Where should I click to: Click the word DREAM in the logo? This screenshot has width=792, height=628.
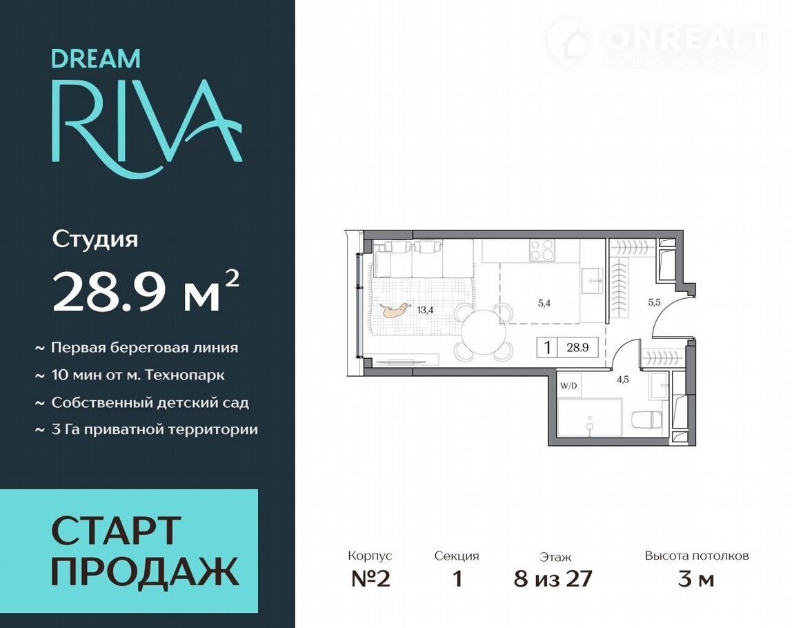[x=96, y=59]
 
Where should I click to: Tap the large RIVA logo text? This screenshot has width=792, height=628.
[x=146, y=129]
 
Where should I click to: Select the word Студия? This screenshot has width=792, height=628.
[x=95, y=239]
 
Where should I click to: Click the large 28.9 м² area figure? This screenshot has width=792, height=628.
[x=146, y=291]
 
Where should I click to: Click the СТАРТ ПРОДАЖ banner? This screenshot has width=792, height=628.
[x=129, y=551]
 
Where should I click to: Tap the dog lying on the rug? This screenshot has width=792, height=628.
[x=395, y=311]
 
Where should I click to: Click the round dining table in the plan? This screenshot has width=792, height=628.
[x=484, y=333]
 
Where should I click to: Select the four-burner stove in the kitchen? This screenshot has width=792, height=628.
[x=542, y=250]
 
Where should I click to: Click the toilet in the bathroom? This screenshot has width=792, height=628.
[x=647, y=420]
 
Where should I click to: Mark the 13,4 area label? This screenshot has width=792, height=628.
[x=425, y=311]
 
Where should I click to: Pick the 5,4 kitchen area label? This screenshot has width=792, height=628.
[x=544, y=303]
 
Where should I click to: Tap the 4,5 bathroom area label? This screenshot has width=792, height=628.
[x=623, y=380]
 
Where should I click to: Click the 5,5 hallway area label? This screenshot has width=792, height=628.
[x=654, y=303]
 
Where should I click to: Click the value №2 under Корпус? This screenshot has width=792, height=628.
[x=370, y=579]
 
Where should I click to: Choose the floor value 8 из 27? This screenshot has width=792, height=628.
[x=553, y=579]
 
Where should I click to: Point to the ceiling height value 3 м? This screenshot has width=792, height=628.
[x=696, y=579]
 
